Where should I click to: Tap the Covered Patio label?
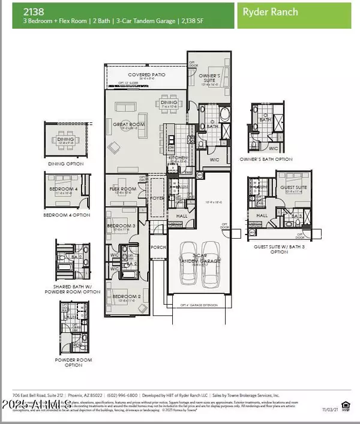click(146, 74)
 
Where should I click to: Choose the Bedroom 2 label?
click(122, 296)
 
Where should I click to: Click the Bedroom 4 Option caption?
click(67, 215)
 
